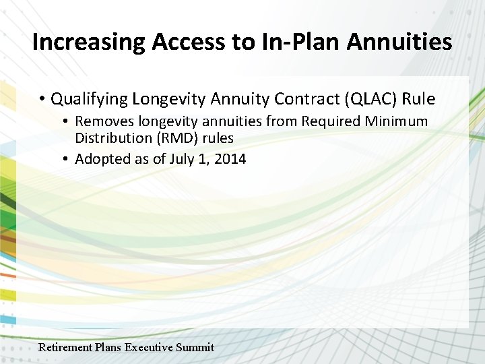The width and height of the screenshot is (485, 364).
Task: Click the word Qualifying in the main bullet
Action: (x=89, y=100)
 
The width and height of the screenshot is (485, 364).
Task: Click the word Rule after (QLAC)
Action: (x=419, y=100)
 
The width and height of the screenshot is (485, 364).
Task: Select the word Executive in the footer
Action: (x=148, y=348)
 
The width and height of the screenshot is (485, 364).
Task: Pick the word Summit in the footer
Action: (x=195, y=348)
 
